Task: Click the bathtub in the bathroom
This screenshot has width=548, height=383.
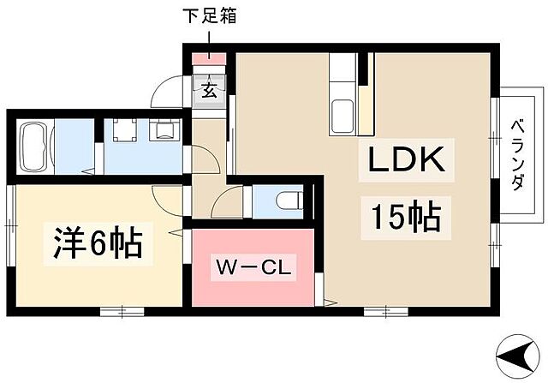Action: (x=35, y=143)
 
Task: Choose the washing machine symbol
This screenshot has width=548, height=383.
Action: (x=164, y=129)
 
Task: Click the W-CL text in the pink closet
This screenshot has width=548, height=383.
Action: (x=253, y=266)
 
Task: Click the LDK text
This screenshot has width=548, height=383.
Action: (x=406, y=160)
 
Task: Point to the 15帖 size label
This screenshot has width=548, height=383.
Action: (x=405, y=216)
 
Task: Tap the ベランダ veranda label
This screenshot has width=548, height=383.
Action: (x=518, y=155)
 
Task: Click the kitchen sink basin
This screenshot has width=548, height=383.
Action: (x=342, y=115)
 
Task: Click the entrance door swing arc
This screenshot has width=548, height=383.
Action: (x=165, y=91)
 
